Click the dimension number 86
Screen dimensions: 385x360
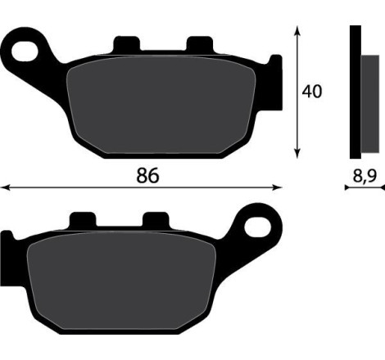(147, 175)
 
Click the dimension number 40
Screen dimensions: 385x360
(312, 92)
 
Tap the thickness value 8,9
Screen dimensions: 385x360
(365, 176)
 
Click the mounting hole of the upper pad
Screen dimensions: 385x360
(25, 52)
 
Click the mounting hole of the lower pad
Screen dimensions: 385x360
(257, 227)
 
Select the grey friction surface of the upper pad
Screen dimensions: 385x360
(161, 105)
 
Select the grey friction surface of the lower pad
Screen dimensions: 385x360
(122, 281)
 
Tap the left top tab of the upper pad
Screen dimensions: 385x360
(127, 43)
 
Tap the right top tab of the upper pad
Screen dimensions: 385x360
(200, 43)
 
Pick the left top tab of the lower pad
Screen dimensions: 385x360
(83, 219)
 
